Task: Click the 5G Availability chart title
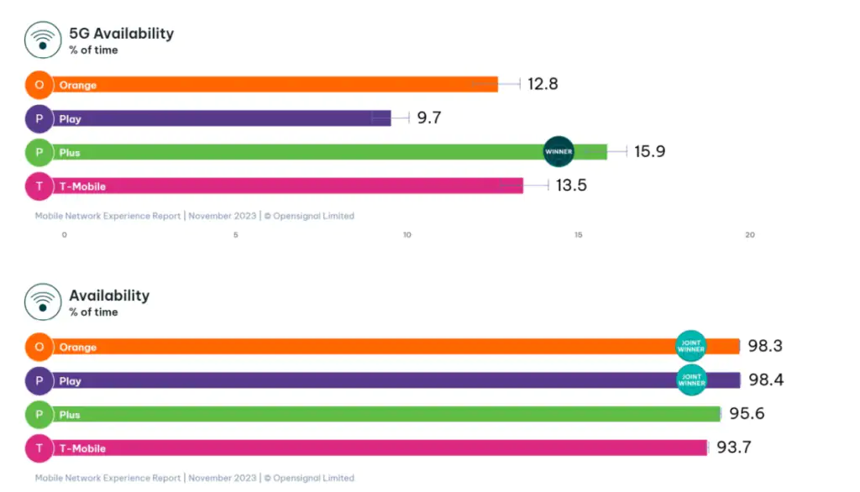(x=121, y=34)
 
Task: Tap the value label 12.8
(x=543, y=84)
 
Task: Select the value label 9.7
(x=429, y=118)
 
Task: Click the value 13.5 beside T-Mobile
(x=571, y=186)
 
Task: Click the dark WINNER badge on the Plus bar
(x=558, y=152)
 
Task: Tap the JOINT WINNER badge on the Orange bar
(x=691, y=346)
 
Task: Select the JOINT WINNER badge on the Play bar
(x=691, y=379)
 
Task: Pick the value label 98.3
(x=765, y=346)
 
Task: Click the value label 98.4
(x=766, y=379)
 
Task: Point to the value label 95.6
(x=747, y=414)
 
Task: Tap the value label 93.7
(x=733, y=448)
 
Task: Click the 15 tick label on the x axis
(x=579, y=235)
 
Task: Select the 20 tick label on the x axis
(x=750, y=235)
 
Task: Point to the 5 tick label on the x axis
(x=236, y=235)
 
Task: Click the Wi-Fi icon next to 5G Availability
(x=42, y=40)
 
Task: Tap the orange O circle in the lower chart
(x=39, y=347)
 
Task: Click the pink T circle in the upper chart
(x=39, y=186)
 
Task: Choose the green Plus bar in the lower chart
(x=386, y=414)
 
